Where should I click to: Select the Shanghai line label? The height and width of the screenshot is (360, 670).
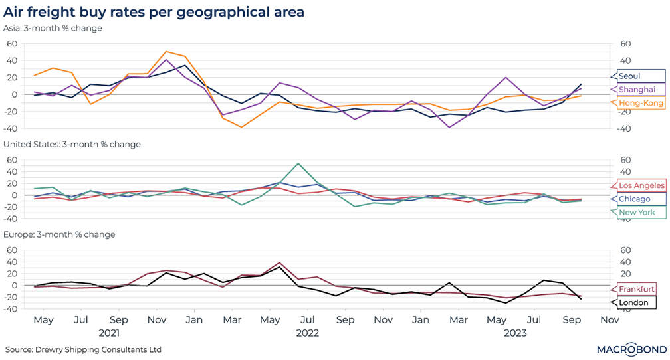point(637,89)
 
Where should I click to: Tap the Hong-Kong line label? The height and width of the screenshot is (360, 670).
point(641,103)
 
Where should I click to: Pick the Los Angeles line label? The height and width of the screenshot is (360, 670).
point(641,185)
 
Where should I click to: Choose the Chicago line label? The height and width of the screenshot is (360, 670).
point(635,199)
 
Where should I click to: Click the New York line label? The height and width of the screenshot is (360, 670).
point(637,213)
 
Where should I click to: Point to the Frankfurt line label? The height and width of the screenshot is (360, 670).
point(637,289)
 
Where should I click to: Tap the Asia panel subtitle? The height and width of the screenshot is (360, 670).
point(54,29)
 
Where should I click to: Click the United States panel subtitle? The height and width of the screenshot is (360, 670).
point(72,144)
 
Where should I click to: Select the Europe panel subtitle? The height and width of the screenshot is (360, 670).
point(60,234)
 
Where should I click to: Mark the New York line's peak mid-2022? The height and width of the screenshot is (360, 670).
point(298,163)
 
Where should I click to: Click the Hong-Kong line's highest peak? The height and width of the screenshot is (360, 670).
point(166,51)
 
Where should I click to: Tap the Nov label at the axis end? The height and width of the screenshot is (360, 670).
point(610,319)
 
